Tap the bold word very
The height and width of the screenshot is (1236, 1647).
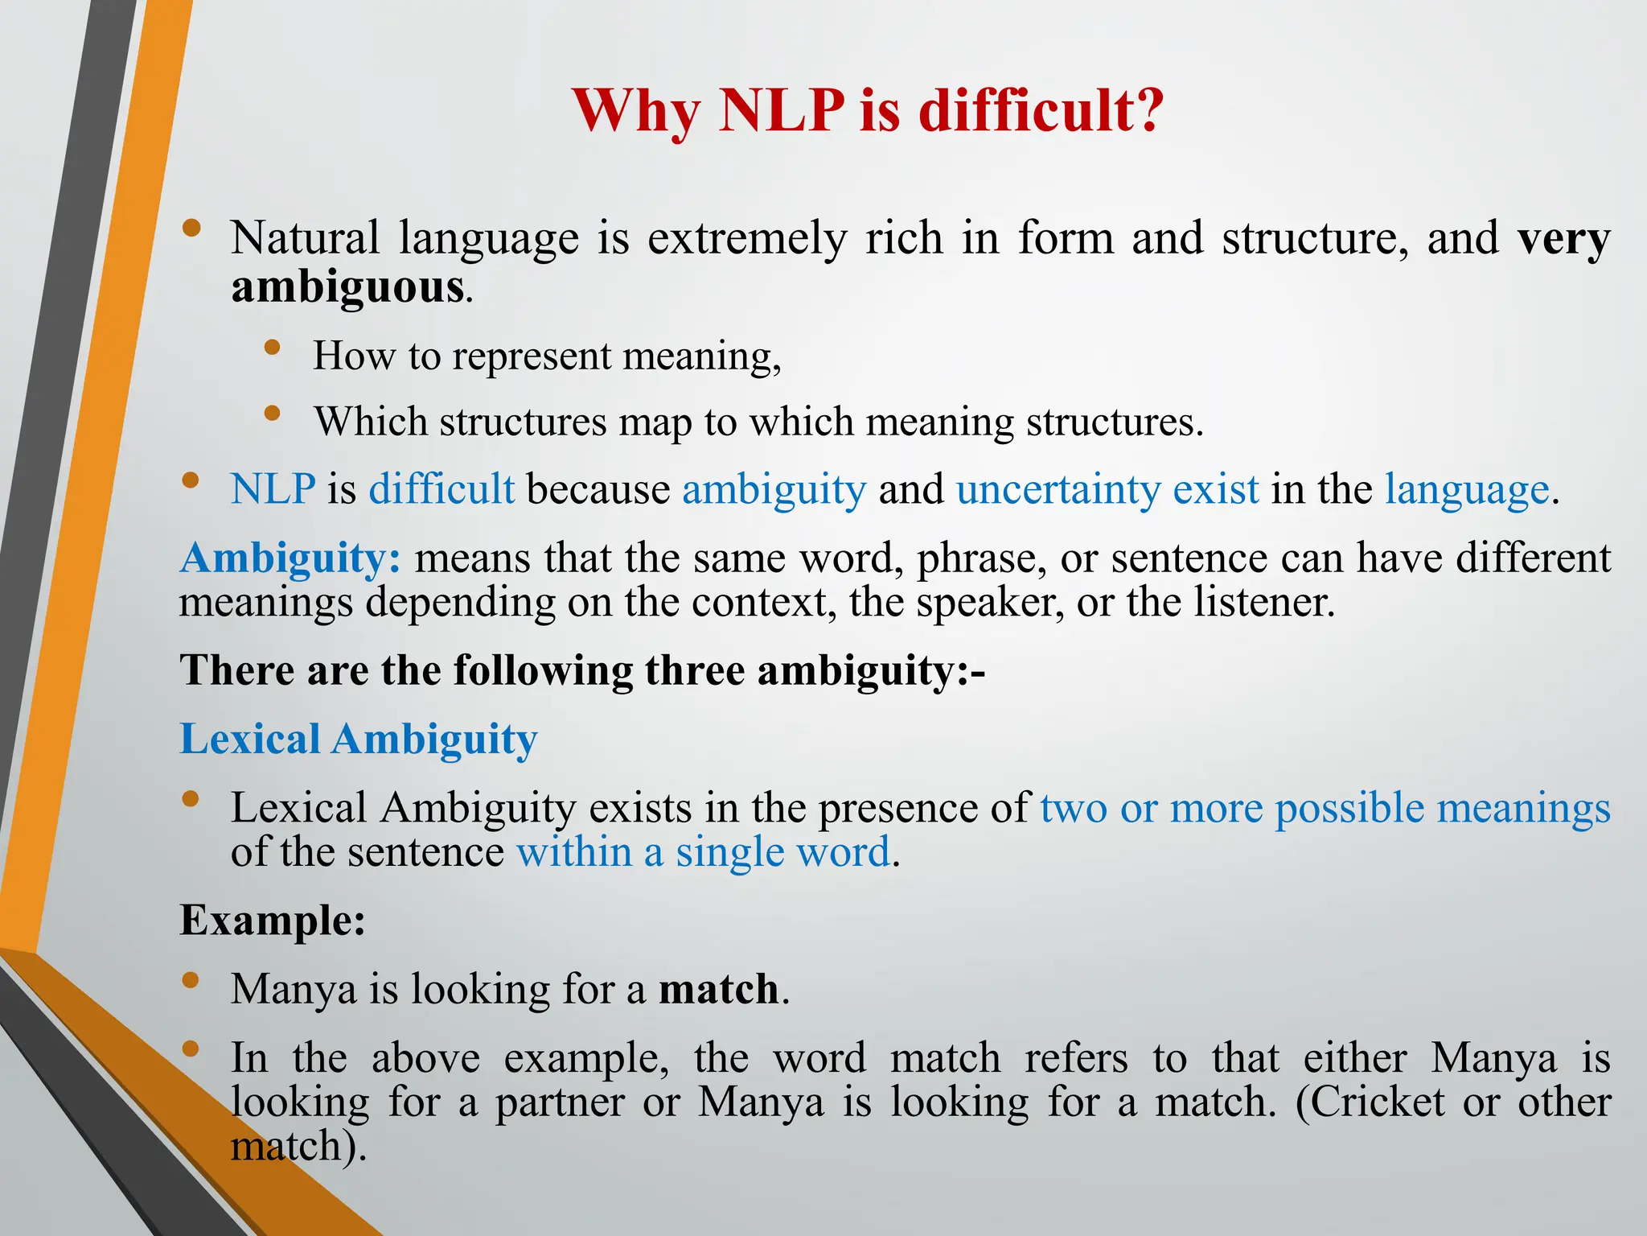point(1563,238)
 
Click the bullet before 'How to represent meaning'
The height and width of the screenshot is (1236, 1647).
point(273,348)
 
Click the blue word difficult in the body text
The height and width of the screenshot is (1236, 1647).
point(442,489)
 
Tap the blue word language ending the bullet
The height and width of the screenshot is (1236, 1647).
point(1466,489)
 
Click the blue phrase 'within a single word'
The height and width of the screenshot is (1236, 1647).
point(704,852)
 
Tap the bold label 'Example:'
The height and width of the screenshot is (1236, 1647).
point(273,920)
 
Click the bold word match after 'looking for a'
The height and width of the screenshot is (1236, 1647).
point(718,989)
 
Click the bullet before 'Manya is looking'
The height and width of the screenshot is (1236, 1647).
point(191,980)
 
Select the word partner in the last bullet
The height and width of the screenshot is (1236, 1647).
point(559,1102)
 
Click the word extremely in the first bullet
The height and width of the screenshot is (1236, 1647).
point(747,238)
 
